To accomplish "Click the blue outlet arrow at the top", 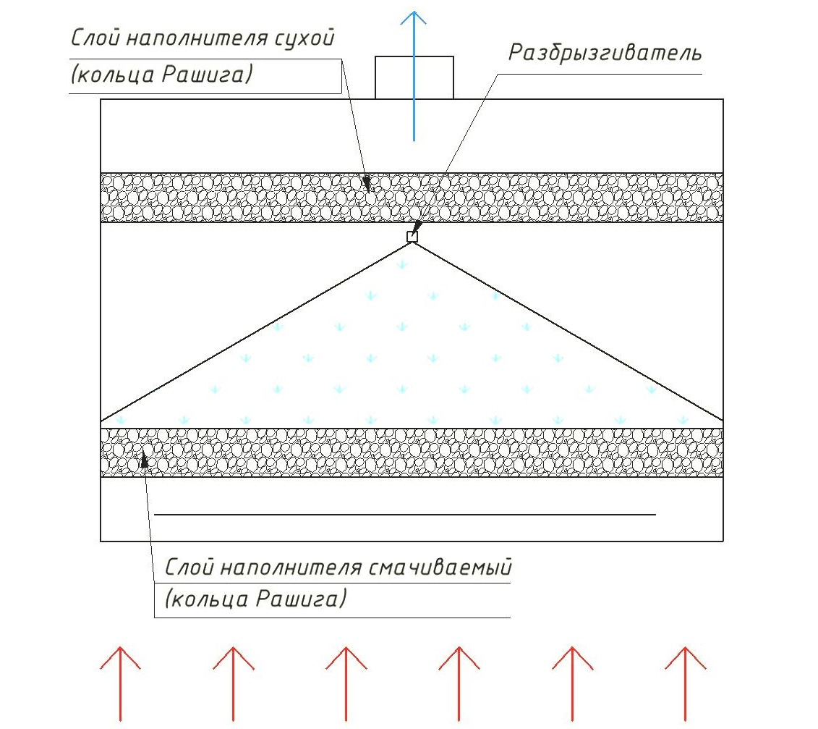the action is pos(414,76).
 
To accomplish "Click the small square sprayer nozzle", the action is pos(412,237).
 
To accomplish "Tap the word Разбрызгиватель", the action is pos(605,54).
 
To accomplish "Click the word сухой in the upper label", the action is pos(304,39).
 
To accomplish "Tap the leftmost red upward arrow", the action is pos(120,684).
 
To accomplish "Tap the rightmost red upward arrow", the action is pos(685,684).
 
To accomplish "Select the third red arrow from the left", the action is pos(346,684).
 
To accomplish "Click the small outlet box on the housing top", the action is pos(414,77).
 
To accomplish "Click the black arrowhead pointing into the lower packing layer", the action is pos(145,460).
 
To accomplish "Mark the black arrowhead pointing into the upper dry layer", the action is pos(367,184).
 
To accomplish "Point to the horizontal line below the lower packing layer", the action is pos(405,515).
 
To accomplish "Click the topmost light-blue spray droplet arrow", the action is pos(401,265).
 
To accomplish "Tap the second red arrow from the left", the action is pos(233,684).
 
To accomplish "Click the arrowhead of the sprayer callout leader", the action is pos(417,227).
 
